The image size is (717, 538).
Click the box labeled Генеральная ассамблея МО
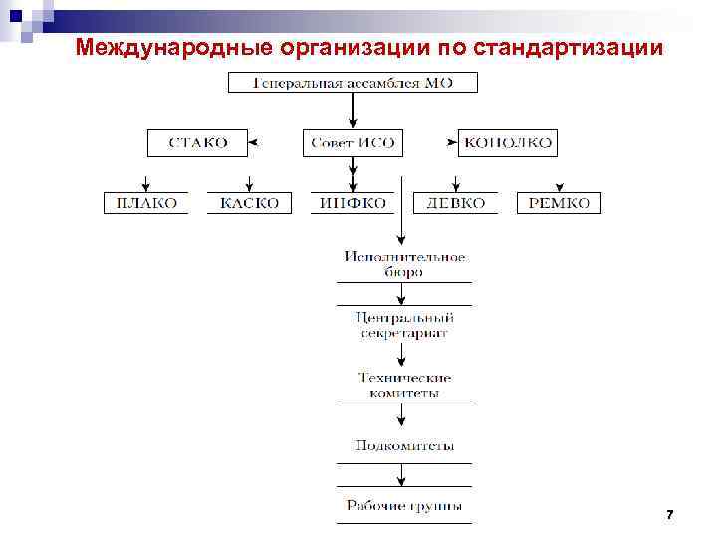[x=354, y=82]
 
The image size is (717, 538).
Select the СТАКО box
[x=197, y=143]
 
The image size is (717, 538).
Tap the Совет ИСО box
[x=354, y=143]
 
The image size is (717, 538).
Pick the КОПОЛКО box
[x=508, y=143]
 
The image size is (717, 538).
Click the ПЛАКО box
[x=146, y=203]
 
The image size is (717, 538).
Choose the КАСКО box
[x=250, y=203]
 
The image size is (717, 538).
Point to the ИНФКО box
[x=354, y=203]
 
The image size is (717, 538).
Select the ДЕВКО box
[x=456, y=203]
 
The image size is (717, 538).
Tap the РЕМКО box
[x=559, y=203]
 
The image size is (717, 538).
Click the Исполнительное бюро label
[x=404, y=264]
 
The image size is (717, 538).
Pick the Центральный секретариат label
[x=404, y=325]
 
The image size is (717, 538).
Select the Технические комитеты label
[x=404, y=385]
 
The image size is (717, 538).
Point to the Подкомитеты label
[x=404, y=446]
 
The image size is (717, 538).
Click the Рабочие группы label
[x=404, y=506]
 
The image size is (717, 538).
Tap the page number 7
[x=669, y=514]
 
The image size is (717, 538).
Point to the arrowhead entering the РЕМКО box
[x=559, y=188]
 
